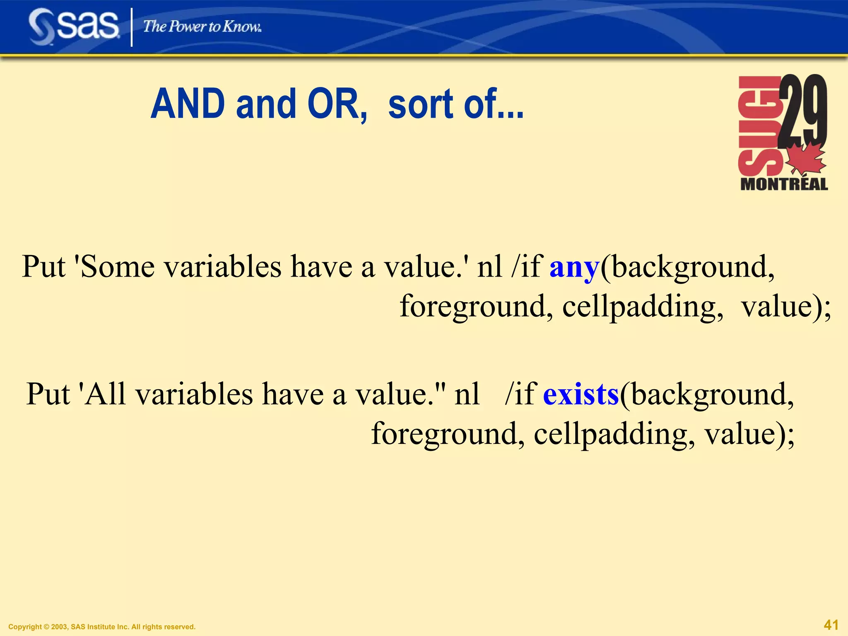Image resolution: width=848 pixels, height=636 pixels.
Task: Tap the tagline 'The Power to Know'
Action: coord(202,27)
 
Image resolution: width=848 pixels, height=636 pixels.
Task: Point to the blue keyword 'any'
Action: coord(574,267)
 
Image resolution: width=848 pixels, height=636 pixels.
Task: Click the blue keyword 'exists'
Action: coord(581,394)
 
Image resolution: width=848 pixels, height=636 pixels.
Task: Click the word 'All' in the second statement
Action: coord(105,394)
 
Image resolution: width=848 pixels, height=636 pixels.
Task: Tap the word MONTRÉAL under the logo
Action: coord(784,184)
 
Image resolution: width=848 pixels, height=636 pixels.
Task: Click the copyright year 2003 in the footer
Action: coord(58,627)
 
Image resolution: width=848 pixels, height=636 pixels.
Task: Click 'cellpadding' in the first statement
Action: coord(643,307)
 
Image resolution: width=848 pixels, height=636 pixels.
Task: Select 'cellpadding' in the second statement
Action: coord(614,434)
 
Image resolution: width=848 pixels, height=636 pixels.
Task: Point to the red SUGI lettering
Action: coord(759,126)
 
